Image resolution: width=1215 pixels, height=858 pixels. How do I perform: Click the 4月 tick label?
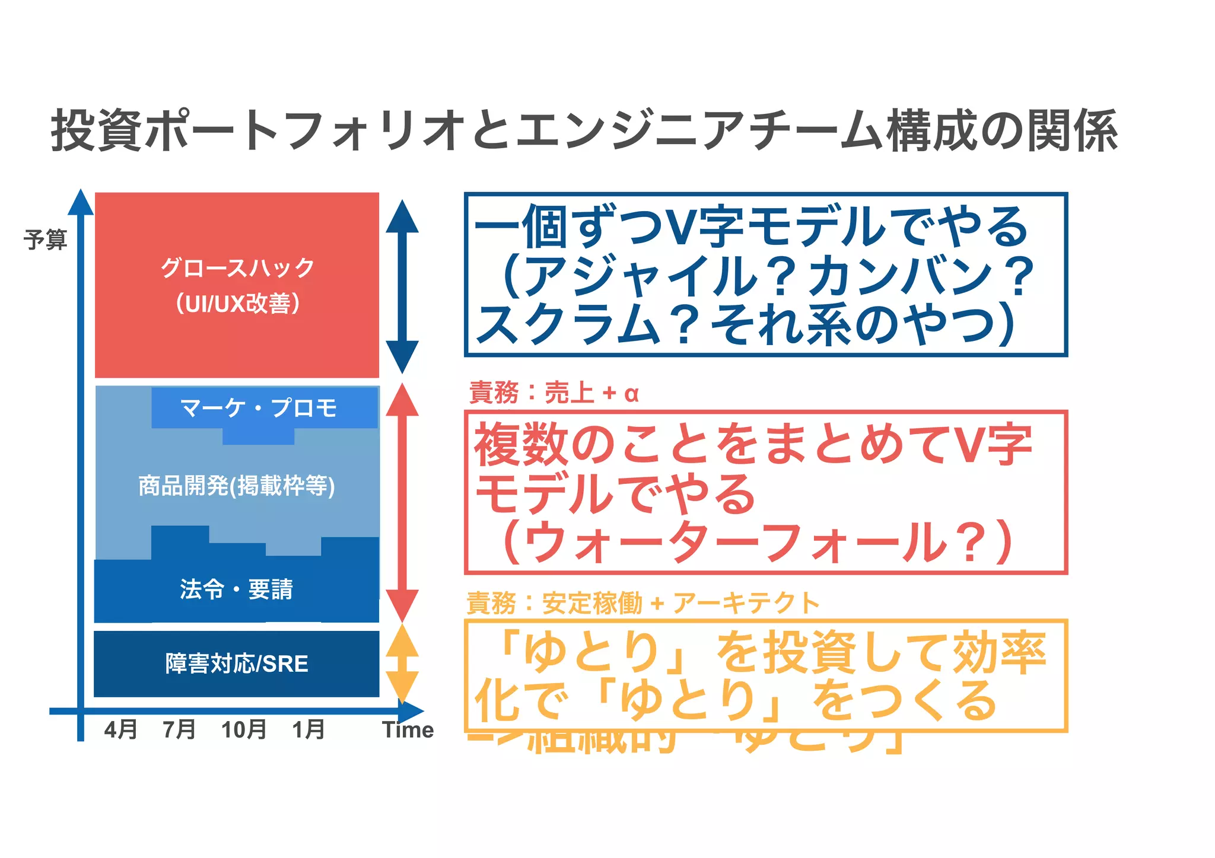click(120, 729)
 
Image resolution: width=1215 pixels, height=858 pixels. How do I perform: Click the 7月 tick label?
click(179, 729)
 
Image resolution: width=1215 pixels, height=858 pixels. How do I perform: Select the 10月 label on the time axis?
click(244, 729)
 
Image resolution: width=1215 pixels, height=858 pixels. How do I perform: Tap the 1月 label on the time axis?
click(308, 729)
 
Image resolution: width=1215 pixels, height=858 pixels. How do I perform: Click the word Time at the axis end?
click(408, 729)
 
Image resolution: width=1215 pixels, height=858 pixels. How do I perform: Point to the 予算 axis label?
click(45, 240)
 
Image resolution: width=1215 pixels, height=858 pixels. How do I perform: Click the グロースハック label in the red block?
click(237, 268)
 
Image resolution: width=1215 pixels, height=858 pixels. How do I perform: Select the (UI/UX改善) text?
click(237, 304)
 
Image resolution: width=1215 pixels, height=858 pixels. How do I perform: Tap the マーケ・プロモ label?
click(259, 408)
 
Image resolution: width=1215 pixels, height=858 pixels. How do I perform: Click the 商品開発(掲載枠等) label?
click(237, 486)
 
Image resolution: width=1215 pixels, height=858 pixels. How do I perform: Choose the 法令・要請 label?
click(236, 589)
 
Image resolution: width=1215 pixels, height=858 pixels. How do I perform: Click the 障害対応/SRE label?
click(237, 664)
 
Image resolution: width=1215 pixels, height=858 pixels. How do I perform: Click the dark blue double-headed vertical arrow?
click(402, 286)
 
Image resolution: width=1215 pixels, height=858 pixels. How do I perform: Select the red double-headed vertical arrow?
click(402, 502)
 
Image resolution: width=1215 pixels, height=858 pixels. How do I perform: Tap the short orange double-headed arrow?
click(402, 664)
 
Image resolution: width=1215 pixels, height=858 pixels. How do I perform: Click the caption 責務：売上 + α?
click(554, 393)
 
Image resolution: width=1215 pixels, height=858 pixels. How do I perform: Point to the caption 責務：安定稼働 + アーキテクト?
click(643, 603)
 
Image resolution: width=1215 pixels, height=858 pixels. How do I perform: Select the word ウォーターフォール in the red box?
click(736, 543)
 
